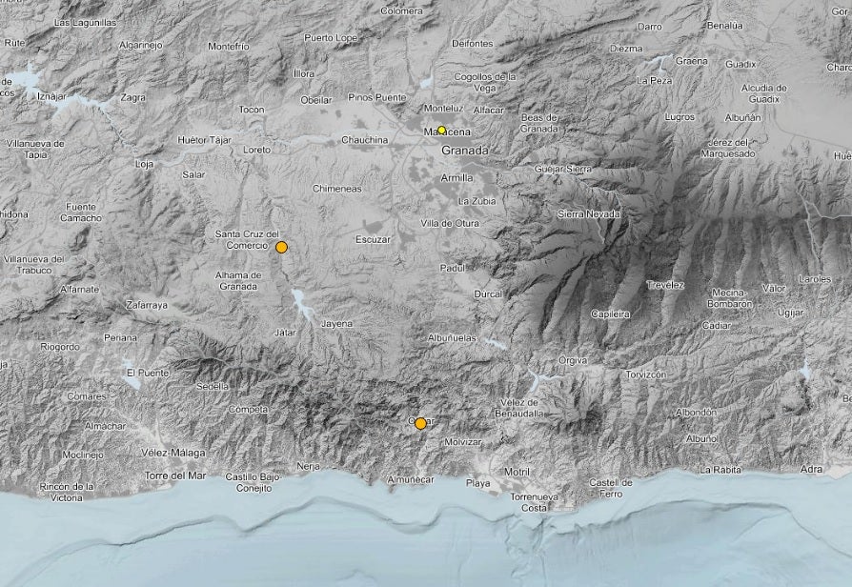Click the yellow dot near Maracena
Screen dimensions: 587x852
click(441, 131)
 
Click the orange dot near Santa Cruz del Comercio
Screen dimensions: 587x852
click(281, 248)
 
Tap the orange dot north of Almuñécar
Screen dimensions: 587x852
click(420, 423)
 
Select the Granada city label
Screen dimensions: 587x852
click(464, 151)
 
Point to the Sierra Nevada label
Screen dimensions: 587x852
click(588, 214)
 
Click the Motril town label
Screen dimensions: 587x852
click(516, 472)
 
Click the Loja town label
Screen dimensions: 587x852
click(145, 163)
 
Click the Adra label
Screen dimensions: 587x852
click(811, 469)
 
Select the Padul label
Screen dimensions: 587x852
click(452, 269)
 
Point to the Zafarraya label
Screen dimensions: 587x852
click(147, 305)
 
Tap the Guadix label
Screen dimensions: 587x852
click(740, 64)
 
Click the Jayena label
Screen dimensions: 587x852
click(336, 324)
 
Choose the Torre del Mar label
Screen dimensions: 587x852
click(174, 475)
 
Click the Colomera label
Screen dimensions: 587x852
click(400, 11)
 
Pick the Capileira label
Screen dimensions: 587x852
click(610, 313)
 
